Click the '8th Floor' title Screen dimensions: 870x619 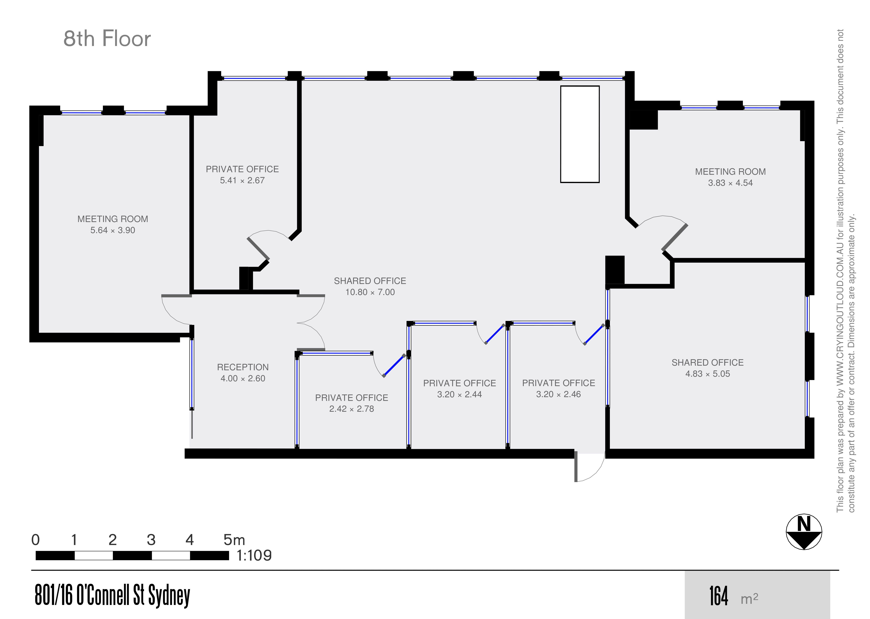click(x=107, y=39)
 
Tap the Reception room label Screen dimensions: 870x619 click(x=243, y=367)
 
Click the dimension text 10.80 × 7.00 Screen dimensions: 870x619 click(x=370, y=292)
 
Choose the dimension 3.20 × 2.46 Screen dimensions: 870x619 click(x=558, y=394)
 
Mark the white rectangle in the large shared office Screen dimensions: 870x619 click(x=580, y=134)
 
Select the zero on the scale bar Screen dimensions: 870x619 click(x=35, y=540)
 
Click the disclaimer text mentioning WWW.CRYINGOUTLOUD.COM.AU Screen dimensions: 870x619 click(x=845, y=271)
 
